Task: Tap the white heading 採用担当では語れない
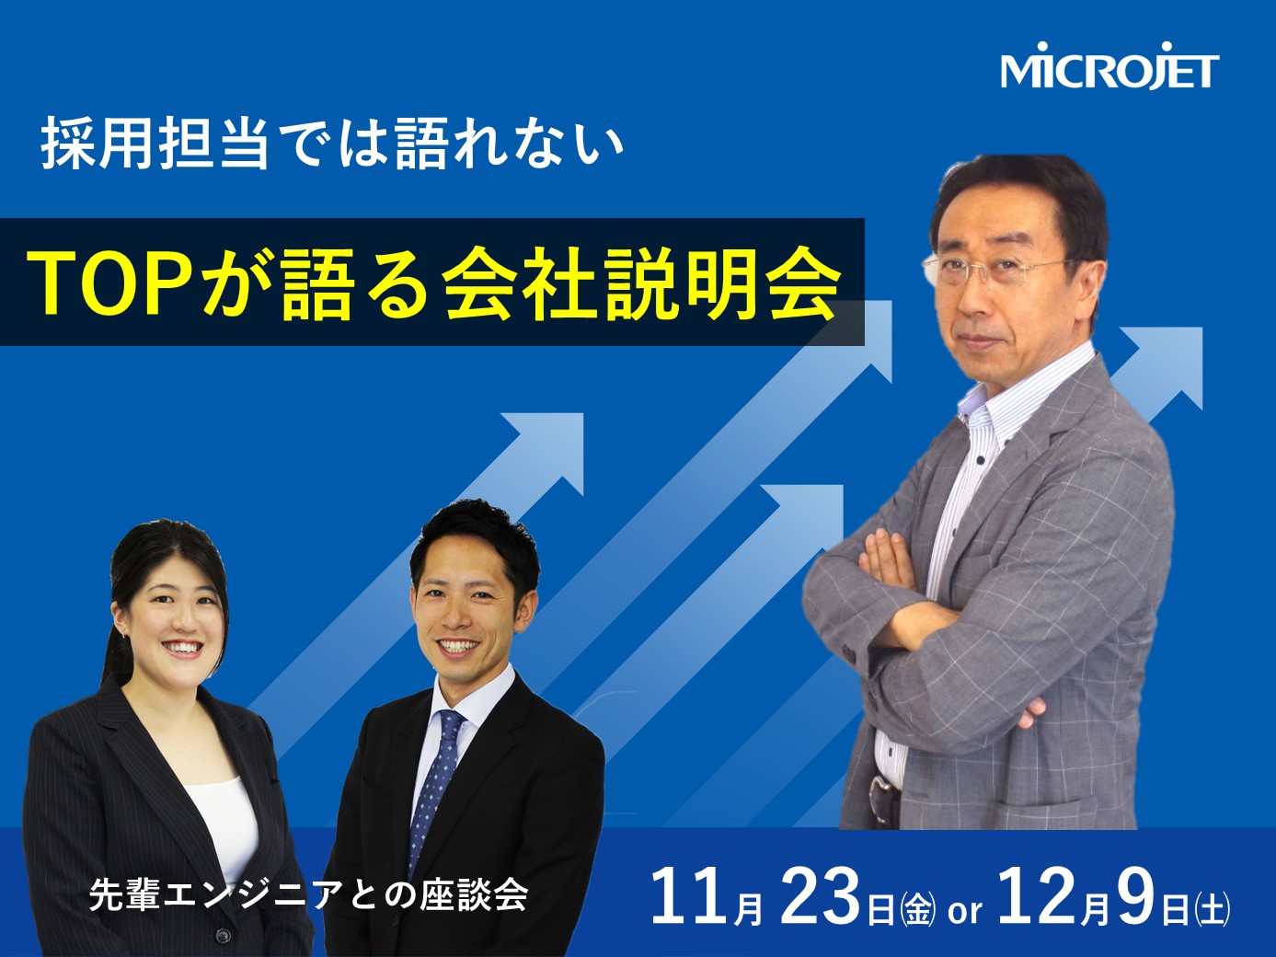coord(332,143)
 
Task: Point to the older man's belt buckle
coord(882,785)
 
